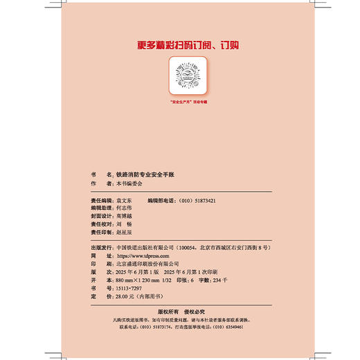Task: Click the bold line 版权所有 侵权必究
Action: (179, 312)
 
